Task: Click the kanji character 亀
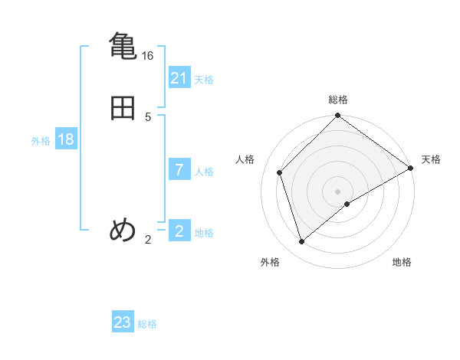click(x=123, y=45)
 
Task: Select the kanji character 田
click(x=123, y=108)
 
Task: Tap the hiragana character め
click(x=123, y=230)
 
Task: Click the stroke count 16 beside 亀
click(x=148, y=56)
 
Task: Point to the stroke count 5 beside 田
click(x=148, y=116)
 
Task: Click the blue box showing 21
click(x=179, y=78)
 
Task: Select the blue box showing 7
click(x=179, y=170)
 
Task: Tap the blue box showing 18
click(x=66, y=139)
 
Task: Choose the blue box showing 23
click(x=123, y=322)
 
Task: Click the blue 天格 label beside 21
click(x=204, y=80)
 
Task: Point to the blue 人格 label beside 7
click(x=204, y=172)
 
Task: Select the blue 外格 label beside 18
click(x=41, y=141)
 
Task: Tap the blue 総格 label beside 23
click(x=147, y=324)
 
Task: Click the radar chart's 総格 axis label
click(x=338, y=100)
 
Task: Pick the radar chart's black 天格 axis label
click(x=431, y=159)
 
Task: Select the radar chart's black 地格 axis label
click(x=402, y=262)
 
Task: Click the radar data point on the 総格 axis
click(x=338, y=116)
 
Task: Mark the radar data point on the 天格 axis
click(x=410, y=168)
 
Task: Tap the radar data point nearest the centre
click(x=347, y=204)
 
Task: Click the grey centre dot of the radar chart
click(x=338, y=191)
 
